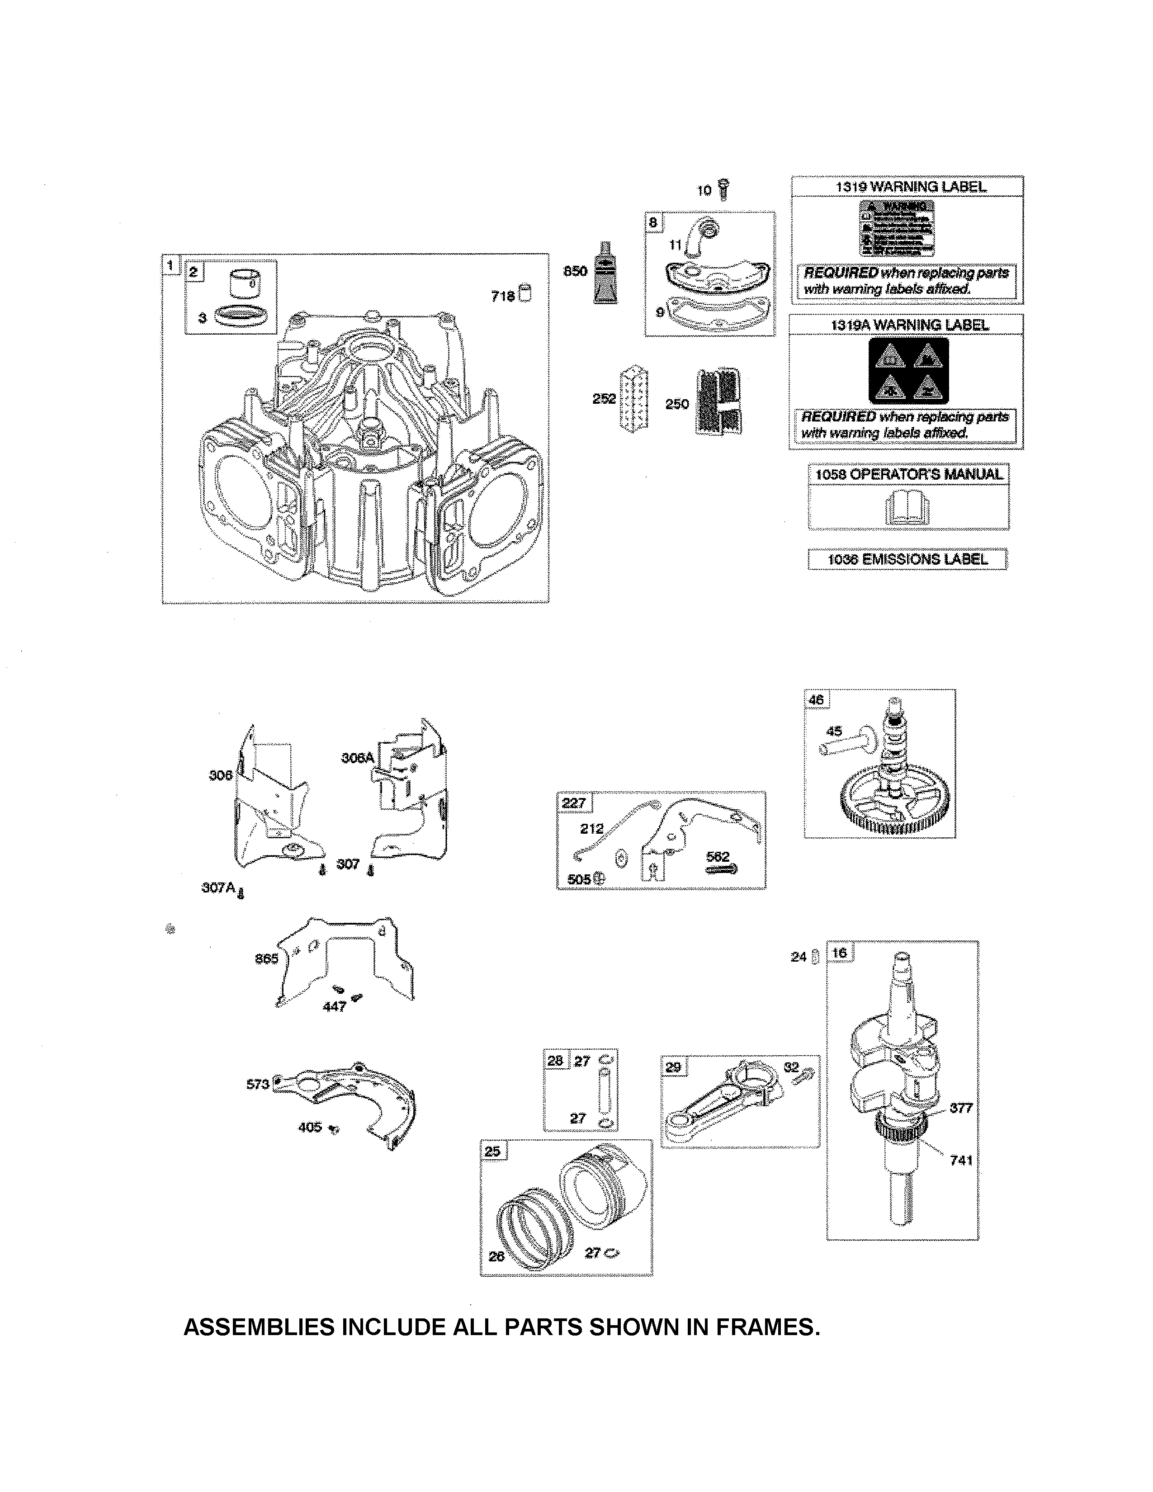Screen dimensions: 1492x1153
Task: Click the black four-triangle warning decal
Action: point(908,371)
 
